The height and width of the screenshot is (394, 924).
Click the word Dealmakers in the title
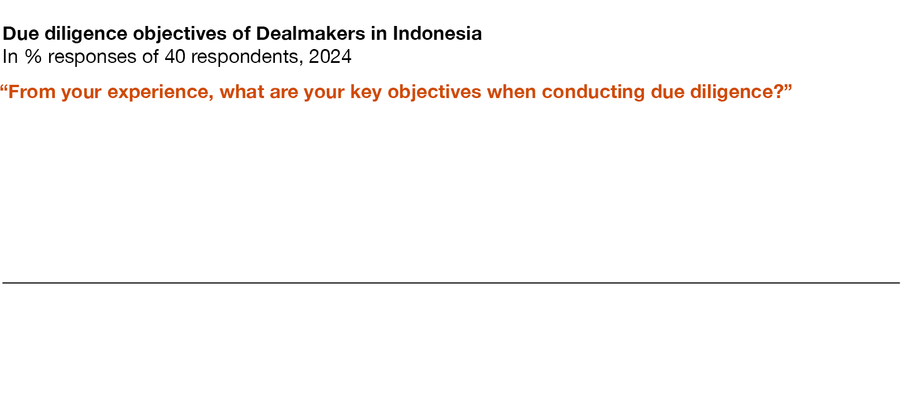tap(310, 33)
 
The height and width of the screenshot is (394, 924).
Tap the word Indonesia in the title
tap(437, 33)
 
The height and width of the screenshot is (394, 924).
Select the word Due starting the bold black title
tap(21, 33)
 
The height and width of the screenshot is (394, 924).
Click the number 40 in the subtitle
tap(175, 57)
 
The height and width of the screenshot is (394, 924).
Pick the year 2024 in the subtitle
tap(330, 57)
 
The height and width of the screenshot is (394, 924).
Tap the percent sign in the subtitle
tap(33, 57)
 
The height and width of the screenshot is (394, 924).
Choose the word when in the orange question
tap(512, 92)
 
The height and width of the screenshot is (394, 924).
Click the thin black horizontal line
tap(451, 283)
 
